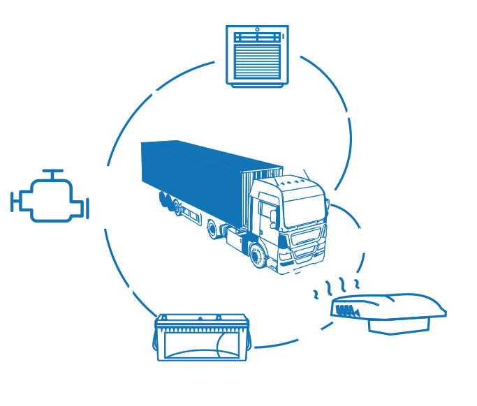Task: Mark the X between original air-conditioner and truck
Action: pyautogui.click(x=347, y=114)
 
